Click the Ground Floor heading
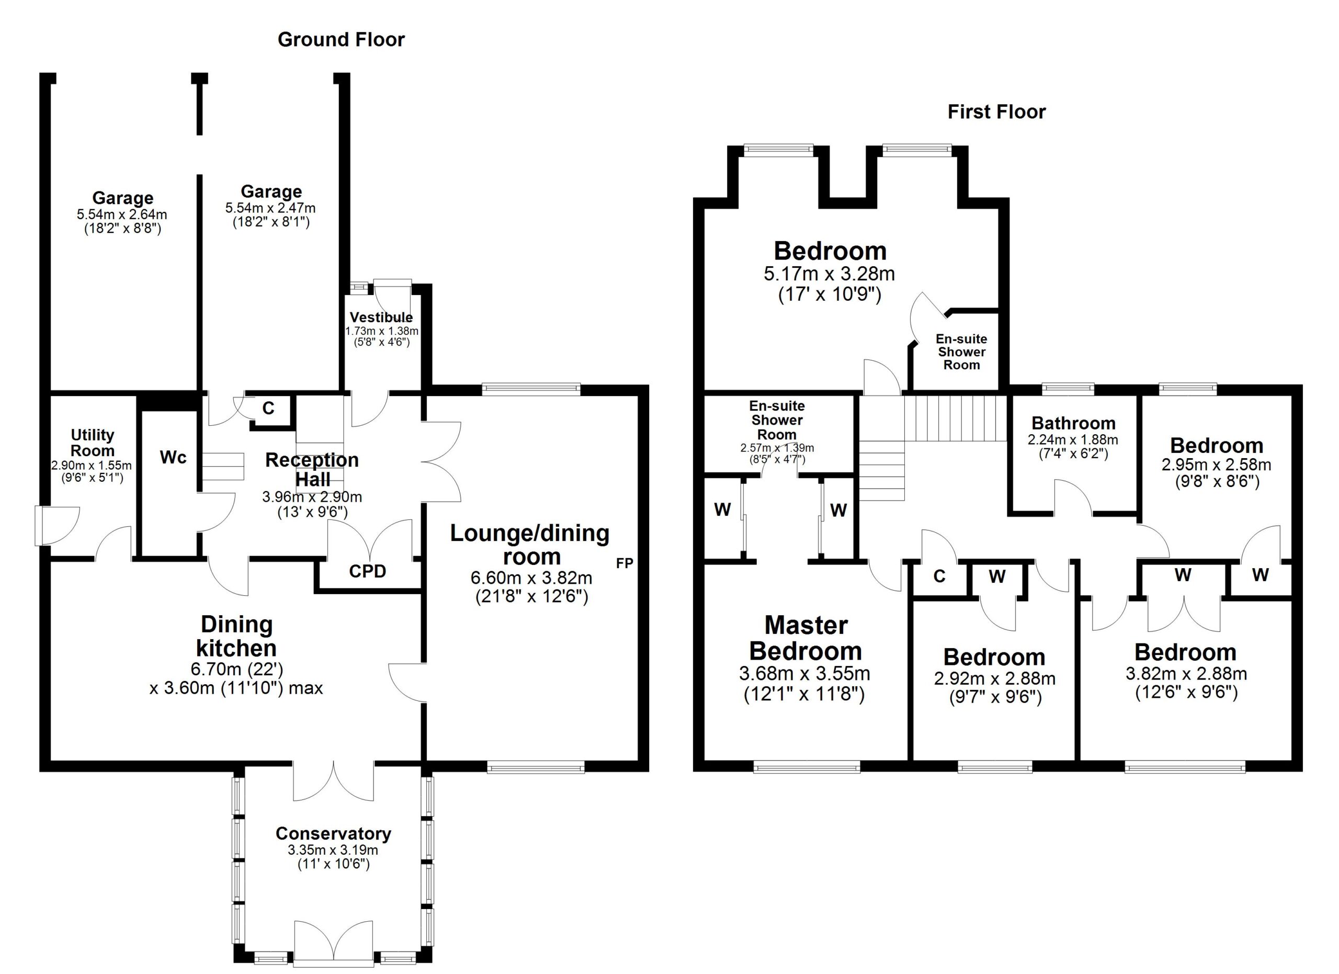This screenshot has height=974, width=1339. [341, 40]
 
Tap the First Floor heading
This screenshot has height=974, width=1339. [996, 111]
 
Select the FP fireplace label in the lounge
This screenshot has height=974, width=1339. [624, 563]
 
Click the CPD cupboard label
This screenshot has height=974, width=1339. [367, 571]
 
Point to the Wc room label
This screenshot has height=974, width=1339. [173, 458]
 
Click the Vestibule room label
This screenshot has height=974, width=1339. [381, 317]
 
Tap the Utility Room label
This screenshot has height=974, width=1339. [92, 443]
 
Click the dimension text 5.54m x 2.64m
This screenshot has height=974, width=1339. [122, 214]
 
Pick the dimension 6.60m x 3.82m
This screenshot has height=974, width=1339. [531, 578]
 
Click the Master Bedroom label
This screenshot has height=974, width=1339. [805, 638]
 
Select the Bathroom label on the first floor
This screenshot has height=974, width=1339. [1073, 423]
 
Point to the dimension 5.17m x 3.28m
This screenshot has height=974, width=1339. [829, 274]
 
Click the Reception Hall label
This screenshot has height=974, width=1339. [312, 469]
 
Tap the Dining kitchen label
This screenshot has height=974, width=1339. [236, 637]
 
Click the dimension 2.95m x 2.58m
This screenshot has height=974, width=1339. [1216, 465]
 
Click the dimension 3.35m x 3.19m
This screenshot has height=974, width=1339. [333, 850]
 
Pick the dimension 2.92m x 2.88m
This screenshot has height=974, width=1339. [994, 679]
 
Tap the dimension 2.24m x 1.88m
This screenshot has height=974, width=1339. [1073, 440]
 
